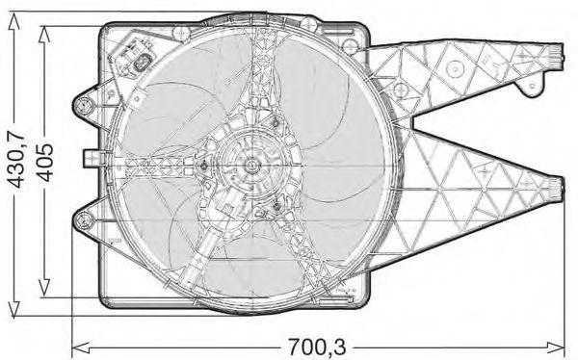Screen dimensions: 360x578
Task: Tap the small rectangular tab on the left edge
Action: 88,158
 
